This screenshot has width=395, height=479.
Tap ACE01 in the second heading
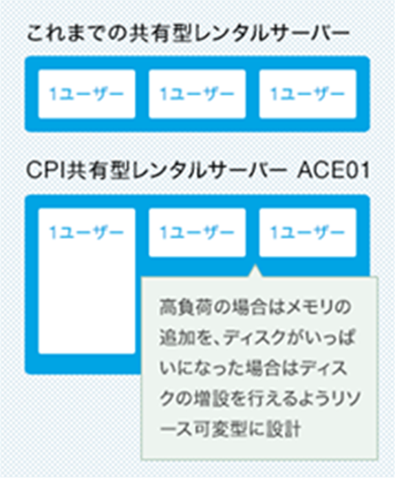click(334, 171)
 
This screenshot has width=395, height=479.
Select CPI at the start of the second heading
click(46, 171)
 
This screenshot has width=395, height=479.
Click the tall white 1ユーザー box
click(87, 281)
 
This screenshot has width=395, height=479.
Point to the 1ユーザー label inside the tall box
click(87, 233)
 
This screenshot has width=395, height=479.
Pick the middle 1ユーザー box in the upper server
click(197, 94)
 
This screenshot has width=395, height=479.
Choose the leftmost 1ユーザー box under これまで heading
click(87, 94)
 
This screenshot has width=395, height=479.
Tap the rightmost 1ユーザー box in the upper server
click(308, 94)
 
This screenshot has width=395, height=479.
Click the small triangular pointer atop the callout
click(255, 271)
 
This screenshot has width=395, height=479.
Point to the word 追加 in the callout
click(177, 338)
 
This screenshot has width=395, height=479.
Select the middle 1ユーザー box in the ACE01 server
click(197, 233)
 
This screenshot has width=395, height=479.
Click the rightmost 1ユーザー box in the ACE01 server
click(308, 233)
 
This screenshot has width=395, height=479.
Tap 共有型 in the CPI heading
click(96, 171)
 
